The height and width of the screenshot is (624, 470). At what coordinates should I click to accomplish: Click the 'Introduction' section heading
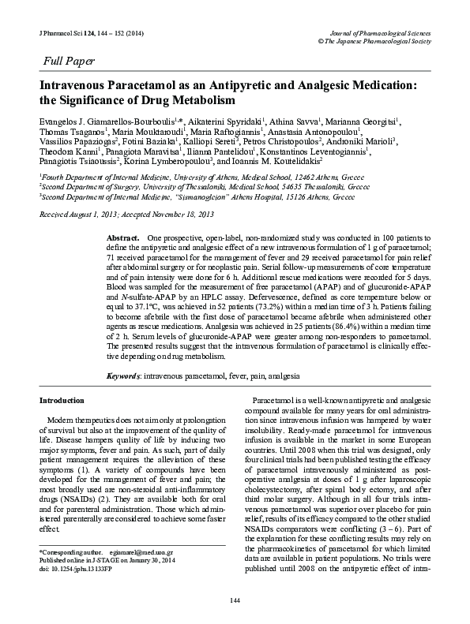(61, 401)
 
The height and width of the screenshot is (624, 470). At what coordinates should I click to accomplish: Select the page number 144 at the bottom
(234, 602)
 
